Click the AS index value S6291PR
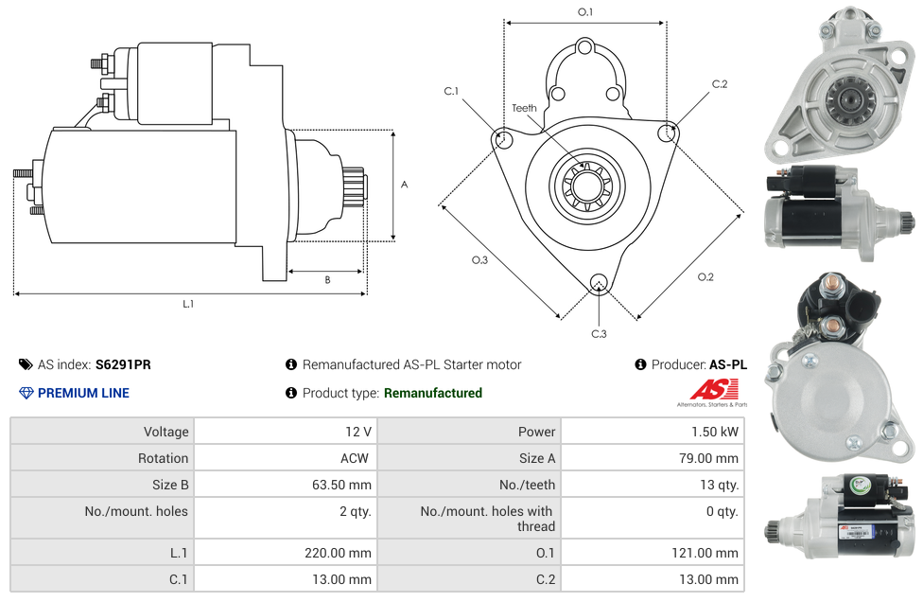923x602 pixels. tap(123, 364)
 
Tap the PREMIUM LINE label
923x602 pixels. tap(83, 393)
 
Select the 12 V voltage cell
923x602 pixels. tap(357, 432)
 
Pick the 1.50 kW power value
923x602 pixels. tap(716, 432)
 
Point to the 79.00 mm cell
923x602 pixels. tap(709, 458)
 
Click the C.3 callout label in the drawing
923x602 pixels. tap(599, 333)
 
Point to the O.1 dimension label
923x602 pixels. tap(585, 12)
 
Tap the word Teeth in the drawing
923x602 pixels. tap(524, 108)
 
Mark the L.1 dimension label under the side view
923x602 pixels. tap(188, 304)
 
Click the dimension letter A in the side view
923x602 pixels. tap(404, 185)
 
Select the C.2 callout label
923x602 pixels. tap(720, 84)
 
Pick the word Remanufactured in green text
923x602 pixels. tap(433, 393)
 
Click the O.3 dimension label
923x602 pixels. tap(479, 260)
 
